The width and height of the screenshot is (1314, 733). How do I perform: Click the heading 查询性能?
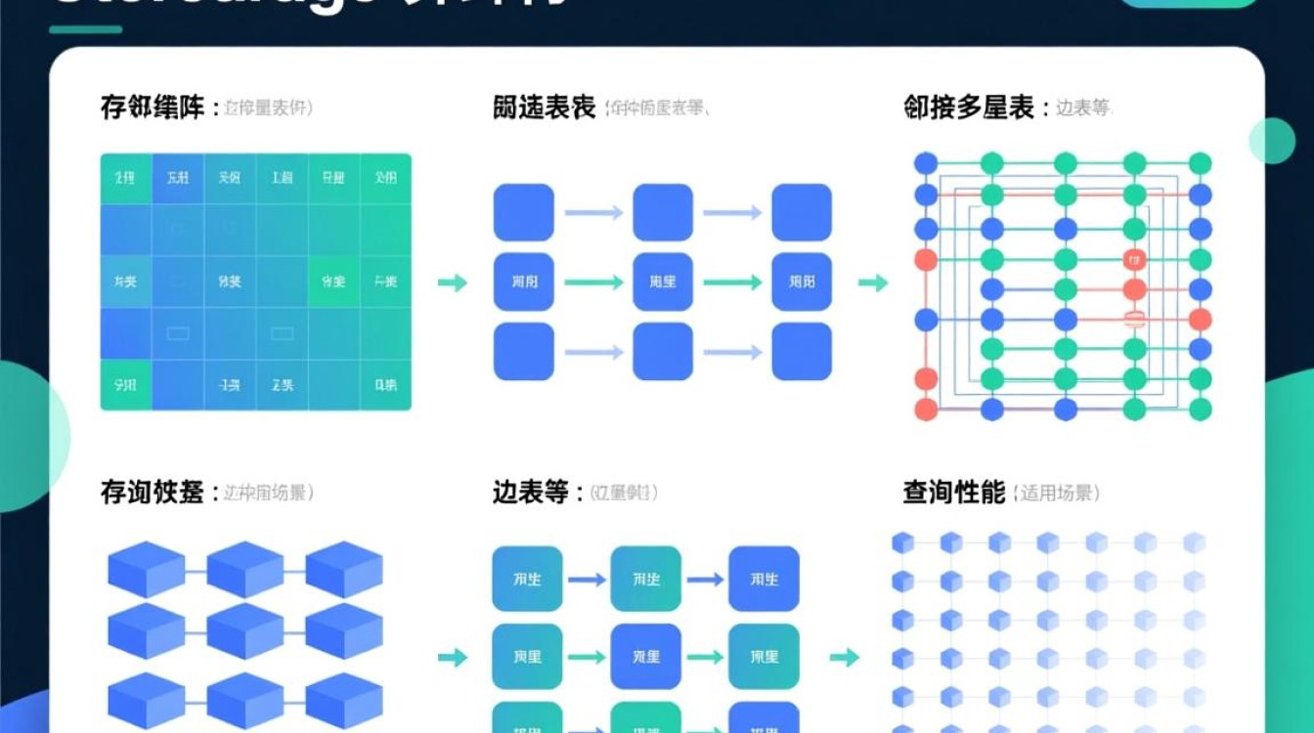[x=953, y=493]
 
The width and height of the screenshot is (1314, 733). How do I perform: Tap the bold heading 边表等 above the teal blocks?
[x=530, y=493]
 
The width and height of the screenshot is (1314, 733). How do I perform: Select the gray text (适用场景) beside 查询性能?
[x=1057, y=494]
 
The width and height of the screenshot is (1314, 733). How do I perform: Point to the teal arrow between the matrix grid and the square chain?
[x=452, y=282]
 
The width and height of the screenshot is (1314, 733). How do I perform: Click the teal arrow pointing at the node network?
[x=873, y=282]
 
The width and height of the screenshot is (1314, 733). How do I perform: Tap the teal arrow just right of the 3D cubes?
[x=452, y=658]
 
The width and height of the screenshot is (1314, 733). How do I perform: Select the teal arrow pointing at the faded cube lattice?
[x=844, y=658]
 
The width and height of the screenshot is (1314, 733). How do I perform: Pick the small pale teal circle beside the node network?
[x=1271, y=141]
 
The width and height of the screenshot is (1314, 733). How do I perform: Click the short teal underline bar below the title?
[x=85, y=29]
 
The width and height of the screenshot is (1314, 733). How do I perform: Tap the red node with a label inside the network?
[x=1134, y=260]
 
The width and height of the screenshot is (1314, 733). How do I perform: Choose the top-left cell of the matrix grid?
[x=125, y=179]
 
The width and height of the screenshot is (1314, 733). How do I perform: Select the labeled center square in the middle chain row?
[x=663, y=282]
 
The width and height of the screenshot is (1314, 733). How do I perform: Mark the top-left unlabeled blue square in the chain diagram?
[x=523, y=212]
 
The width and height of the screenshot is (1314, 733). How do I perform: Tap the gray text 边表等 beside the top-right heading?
[x=1083, y=108]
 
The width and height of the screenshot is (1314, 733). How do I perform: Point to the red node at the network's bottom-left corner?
[x=925, y=410]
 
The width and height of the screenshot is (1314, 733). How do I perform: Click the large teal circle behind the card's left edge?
[x=24, y=435]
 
